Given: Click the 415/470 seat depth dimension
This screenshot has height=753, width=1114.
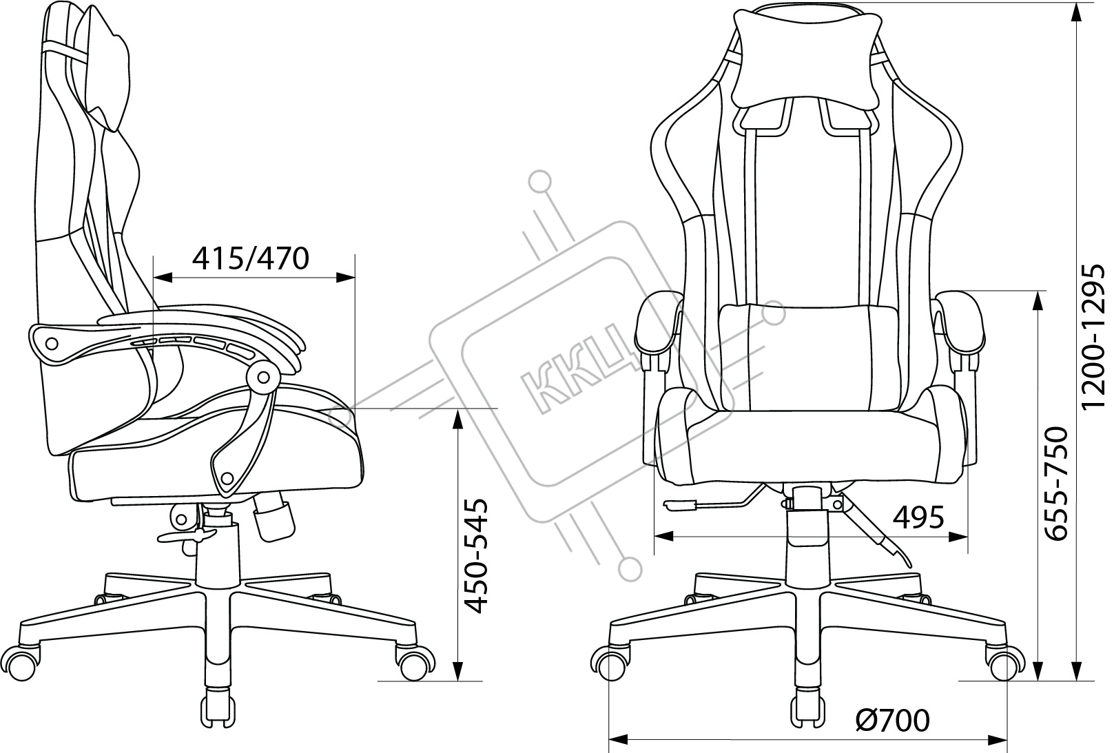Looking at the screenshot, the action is (x=251, y=258).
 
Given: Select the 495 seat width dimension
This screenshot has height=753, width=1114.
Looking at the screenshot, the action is (x=918, y=517).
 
